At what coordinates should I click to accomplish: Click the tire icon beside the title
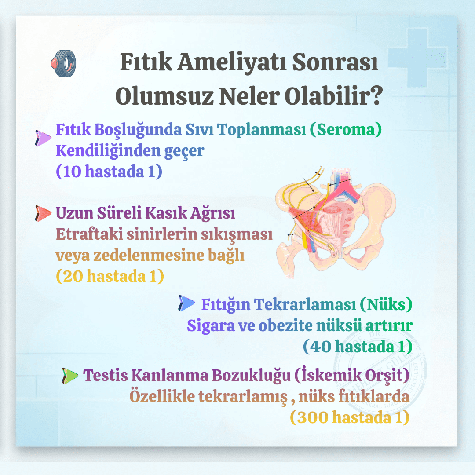[x=63, y=63]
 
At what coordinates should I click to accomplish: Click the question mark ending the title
[x=376, y=96]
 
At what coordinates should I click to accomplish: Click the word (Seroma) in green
[x=345, y=130]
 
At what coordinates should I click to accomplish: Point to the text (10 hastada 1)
[x=109, y=172]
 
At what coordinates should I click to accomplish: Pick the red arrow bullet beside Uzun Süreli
[x=43, y=214]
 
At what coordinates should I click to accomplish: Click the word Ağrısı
[x=213, y=213]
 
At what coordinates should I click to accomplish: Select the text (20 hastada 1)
[x=110, y=276]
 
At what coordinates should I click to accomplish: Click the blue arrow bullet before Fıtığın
[x=186, y=303]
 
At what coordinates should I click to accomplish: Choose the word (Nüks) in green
[x=386, y=304]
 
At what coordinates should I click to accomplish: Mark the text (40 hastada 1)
[x=358, y=347]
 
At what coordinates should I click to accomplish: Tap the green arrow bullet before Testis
[x=70, y=376]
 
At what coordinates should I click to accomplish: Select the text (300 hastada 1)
[x=350, y=417]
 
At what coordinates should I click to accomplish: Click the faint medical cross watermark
[x=418, y=58]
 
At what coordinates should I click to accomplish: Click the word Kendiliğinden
[x=108, y=150]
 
